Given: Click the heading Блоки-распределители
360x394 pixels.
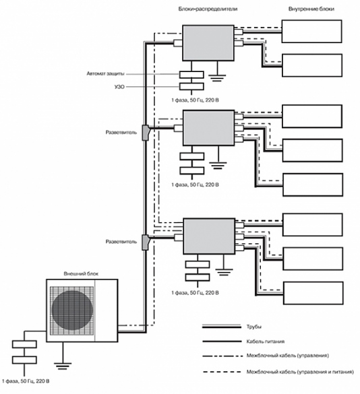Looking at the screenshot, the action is tap(208, 9).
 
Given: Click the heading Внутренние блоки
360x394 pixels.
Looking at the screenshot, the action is tap(311, 9).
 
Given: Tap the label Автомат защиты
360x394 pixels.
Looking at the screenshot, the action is tap(105, 74).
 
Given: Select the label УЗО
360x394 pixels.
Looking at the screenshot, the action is tap(119, 87).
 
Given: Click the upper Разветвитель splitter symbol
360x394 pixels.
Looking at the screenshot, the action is tap(146, 133).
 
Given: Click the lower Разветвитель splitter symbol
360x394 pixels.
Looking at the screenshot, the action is tap(146, 242).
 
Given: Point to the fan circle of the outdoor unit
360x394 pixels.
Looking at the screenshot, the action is tap(72, 310).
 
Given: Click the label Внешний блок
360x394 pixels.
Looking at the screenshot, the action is tap(81, 273).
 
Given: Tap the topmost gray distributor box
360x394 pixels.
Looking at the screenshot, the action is tap(208, 42).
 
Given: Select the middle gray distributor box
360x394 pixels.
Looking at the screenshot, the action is tap(208, 128).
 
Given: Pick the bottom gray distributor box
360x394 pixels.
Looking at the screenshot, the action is tap(209, 236).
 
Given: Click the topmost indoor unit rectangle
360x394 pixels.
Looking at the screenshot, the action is tap(311, 32).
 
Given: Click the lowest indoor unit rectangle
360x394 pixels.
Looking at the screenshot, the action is tap(313, 293).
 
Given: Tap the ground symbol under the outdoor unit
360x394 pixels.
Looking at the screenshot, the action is tap(63, 366).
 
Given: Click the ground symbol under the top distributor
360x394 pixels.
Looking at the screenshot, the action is tap(217, 78).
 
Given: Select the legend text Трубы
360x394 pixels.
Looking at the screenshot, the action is tap(254, 327).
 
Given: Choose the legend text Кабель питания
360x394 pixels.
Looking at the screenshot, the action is tap(266, 341).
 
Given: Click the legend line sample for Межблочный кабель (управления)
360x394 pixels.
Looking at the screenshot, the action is tap(222, 356).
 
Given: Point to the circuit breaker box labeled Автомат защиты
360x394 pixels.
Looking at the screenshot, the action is tap(191, 74).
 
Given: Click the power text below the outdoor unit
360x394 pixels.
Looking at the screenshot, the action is tap(26, 381).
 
